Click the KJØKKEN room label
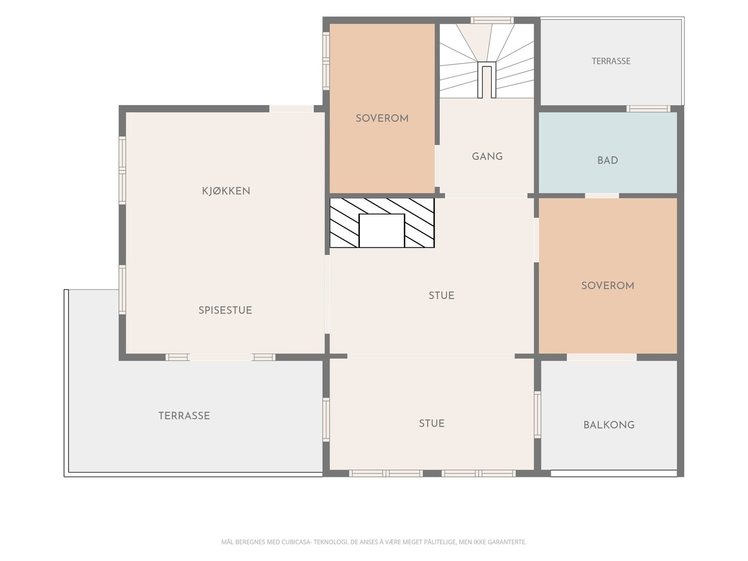[226, 191]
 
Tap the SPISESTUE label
[225, 310]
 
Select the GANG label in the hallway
[487, 156]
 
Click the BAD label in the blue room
[608, 160]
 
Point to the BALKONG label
[609, 425]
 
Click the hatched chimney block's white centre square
[381, 230]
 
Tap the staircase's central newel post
[487, 80]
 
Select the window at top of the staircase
[492, 20]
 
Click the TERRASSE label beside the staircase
[611, 61]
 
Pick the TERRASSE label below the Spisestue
[184, 416]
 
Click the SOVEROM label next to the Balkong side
[608, 286]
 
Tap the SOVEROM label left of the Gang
[382, 118]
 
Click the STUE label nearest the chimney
[441, 295]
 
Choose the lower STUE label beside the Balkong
[432, 424]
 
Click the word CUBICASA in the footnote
[296, 542]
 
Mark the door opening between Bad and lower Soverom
[602, 195]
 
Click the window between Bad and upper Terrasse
[648, 108]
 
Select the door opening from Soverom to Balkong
[602, 357]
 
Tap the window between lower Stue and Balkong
[538, 415]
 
